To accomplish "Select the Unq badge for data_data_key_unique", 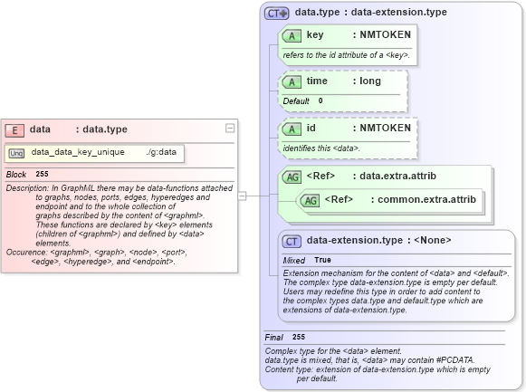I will click(17, 153).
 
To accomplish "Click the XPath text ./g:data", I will click(160, 152).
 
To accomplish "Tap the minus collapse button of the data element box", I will click(230, 129).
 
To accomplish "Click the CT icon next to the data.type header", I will click(276, 13).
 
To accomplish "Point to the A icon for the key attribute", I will click(292, 35).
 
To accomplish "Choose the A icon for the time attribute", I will click(292, 81).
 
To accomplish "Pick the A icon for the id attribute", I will click(292, 129).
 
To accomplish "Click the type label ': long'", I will click(367, 81).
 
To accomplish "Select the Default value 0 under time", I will click(320, 100).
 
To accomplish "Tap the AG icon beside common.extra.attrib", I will click(310, 199).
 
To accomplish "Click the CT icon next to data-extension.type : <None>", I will click(292, 241).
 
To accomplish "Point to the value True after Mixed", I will click(322, 260).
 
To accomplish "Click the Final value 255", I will click(299, 337).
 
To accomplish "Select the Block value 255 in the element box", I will click(42, 173).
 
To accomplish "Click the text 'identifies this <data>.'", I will click(322, 148).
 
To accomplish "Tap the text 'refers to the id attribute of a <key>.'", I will click(346, 55).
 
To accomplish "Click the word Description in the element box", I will click(26, 188).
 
